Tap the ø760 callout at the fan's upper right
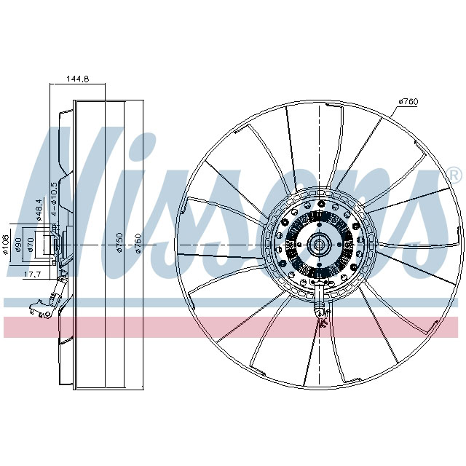tap(407, 101)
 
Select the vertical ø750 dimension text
tap(119, 242)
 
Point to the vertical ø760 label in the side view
tap(138, 242)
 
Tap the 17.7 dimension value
tap(32, 275)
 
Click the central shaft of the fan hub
tap(317, 245)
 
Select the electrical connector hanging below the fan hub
tap(317, 306)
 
